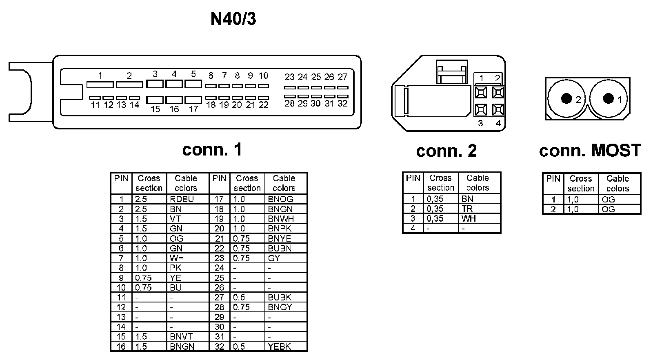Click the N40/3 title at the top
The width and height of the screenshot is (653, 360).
233,19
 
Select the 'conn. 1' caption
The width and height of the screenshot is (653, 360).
212,149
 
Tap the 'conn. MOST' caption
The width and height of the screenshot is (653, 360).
590,151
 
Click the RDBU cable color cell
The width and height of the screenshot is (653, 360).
182,199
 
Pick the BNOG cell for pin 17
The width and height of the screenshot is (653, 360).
281,199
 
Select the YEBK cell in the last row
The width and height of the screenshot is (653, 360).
280,347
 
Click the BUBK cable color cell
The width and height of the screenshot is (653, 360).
280,298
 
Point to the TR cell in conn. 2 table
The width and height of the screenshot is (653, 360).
467,209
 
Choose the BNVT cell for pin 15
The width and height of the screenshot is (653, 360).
181,337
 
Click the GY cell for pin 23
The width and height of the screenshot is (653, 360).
274,258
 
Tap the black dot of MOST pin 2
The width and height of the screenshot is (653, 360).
566,98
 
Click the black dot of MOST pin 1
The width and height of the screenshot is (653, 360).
609,98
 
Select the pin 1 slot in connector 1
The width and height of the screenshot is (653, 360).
100,84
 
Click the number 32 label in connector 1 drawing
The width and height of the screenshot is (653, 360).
342,104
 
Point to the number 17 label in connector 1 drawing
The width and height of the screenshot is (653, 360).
193,109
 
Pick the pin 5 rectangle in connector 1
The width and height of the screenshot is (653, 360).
193,84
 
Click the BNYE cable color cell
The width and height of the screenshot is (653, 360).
280,239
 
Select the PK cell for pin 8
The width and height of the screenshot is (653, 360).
175,268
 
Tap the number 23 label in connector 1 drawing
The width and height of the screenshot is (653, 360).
289,77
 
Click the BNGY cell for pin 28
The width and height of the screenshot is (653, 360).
280,307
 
